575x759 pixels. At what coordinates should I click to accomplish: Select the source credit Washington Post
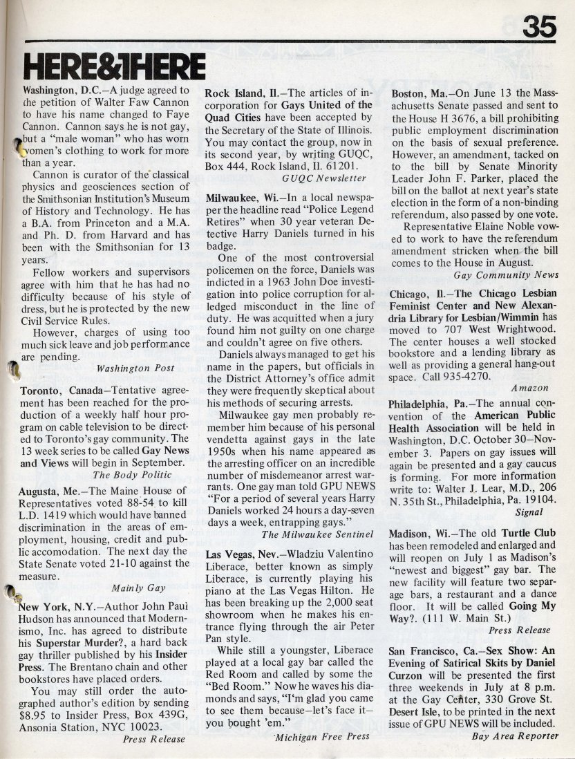(x=136, y=368)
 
